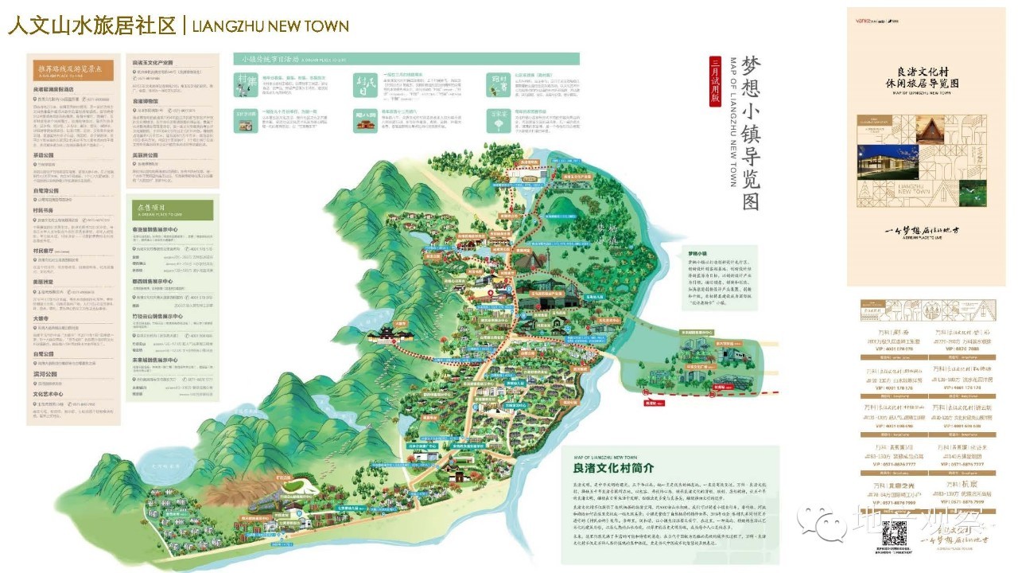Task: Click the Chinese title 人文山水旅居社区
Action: (91, 25)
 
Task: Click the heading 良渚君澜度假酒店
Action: (59, 90)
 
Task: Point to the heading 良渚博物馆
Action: (148, 102)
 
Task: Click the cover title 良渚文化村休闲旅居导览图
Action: (927, 76)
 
